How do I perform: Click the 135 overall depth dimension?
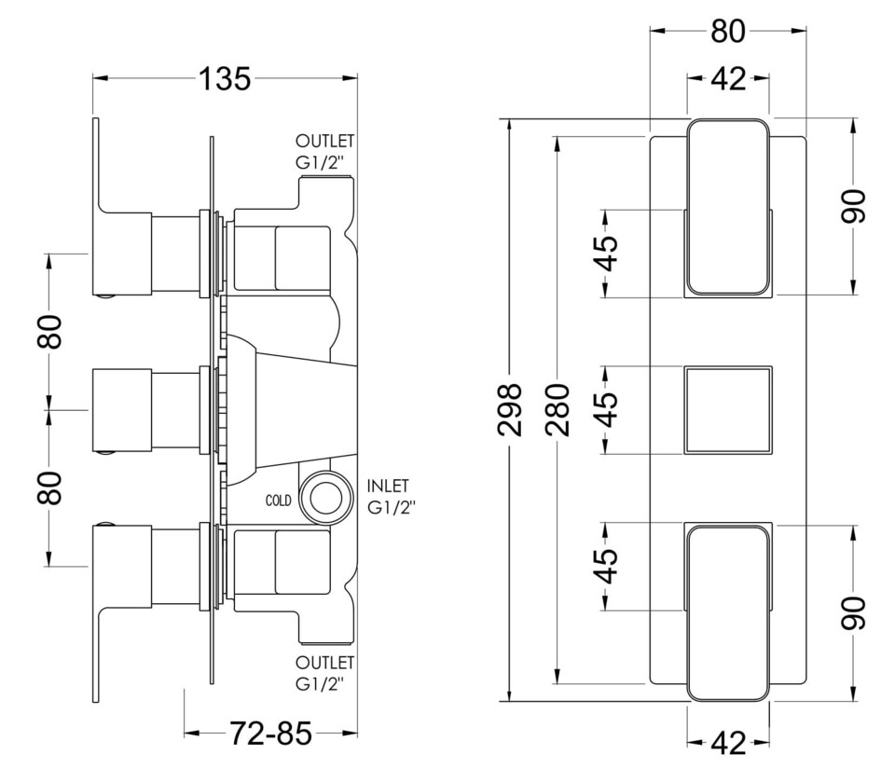click(225, 79)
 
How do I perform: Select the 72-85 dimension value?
click(270, 734)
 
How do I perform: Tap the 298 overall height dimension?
click(510, 409)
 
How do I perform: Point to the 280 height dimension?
click(557, 409)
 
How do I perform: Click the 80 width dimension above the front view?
click(728, 31)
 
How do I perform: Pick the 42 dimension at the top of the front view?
click(728, 80)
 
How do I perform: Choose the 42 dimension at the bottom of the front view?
click(728, 744)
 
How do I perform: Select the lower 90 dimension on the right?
click(854, 612)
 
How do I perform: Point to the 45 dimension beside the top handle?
click(606, 253)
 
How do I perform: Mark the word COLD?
click(278, 501)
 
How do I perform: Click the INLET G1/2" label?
click(391, 497)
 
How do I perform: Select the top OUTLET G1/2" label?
click(324, 151)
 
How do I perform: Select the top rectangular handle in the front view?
click(728, 207)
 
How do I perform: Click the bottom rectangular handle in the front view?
click(728, 612)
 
